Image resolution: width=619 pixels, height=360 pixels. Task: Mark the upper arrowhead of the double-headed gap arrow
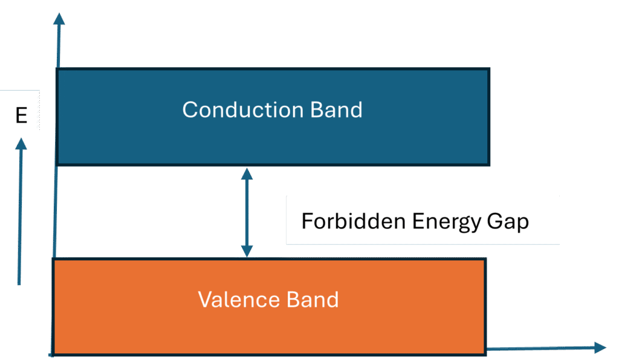coord(247,173)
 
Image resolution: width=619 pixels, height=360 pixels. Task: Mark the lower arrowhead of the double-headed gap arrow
coord(247,252)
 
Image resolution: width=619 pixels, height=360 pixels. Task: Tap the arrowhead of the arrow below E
coord(21,144)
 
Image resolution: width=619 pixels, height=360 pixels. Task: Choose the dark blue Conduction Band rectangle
coord(272,142)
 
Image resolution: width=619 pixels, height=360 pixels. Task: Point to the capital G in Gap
coord(496,221)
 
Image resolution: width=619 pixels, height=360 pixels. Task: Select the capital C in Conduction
coord(190,110)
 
